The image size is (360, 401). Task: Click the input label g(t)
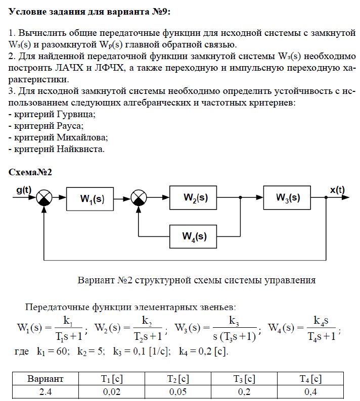click(23, 190)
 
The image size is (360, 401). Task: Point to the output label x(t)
click(337, 190)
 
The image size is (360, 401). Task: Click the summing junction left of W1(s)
click(45, 198)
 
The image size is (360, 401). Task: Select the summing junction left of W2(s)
click(138, 198)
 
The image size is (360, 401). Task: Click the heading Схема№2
click(31, 172)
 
